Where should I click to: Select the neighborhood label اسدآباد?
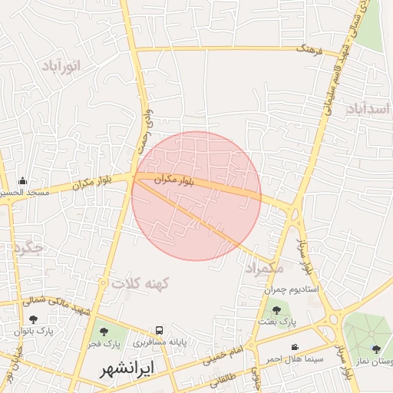click(369, 109)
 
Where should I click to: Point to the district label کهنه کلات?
click(139, 283)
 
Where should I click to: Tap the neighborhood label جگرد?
click(28, 249)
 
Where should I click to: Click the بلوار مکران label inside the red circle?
click(184, 181)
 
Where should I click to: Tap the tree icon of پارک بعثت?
click(276, 310)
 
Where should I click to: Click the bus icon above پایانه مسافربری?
click(159, 330)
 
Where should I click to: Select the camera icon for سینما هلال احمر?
click(295, 348)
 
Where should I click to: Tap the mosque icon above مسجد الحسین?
click(22, 181)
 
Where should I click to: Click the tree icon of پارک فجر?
click(104, 332)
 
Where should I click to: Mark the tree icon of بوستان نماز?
click(376, 350)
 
